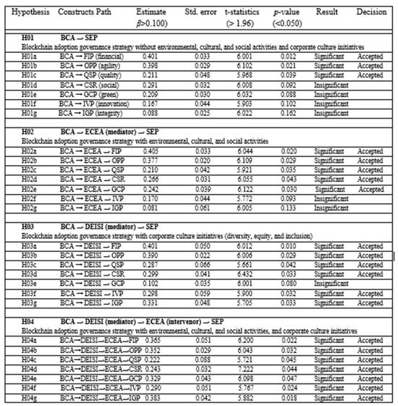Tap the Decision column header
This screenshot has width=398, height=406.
coord(371,13)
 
